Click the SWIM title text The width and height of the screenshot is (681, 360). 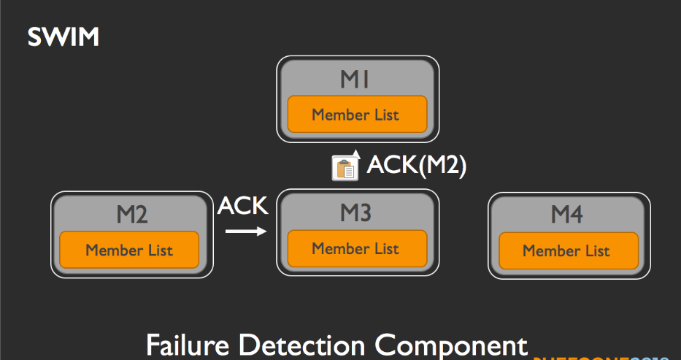pyautogui.click(x=63, y=37)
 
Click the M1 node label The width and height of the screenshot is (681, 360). pyautogui.click(x=356, y=79)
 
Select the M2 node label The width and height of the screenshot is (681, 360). pyautogui.click(x=132, y=215)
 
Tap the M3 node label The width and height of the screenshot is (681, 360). pyautogui.click(x=356, y=212)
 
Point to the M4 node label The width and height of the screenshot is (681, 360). pyautogui.click(x=566, y=215)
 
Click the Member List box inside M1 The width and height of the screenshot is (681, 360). pyautogui.click(x=356, y=114)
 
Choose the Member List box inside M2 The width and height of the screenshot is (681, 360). pyautogui.click(x=129, y=250)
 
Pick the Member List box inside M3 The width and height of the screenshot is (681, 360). pyautogui.click(x=356, y=248)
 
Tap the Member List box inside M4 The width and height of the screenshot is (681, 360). pyautogui.click(x=566, y=250)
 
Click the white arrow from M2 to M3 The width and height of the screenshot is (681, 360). pyautogui.click(x=245, y=232)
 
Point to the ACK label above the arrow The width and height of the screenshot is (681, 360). pyautogui.click(x=242, y=207)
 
